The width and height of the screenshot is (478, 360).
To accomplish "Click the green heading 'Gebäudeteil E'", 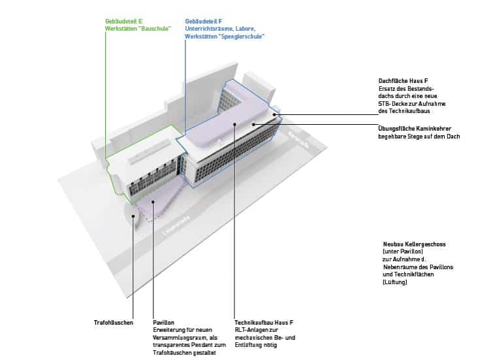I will [x=123, y=22].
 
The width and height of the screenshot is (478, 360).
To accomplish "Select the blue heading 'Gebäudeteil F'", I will [x=204, y=22].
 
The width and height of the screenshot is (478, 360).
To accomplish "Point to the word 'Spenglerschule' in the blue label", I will [x=245, y=36].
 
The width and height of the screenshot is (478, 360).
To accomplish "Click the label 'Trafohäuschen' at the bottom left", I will [x=114, y=323].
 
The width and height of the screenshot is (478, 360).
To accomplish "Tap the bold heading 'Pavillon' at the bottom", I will [x=163, y=323].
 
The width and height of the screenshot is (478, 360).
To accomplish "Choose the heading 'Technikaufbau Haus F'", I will [x=264, y=323].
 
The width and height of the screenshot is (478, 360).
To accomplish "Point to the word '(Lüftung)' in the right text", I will [x=395, y=282].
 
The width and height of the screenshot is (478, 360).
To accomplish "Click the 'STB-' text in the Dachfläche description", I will [x=387, y=103].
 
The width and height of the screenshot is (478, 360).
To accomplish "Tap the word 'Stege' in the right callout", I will [x=420, y=135].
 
